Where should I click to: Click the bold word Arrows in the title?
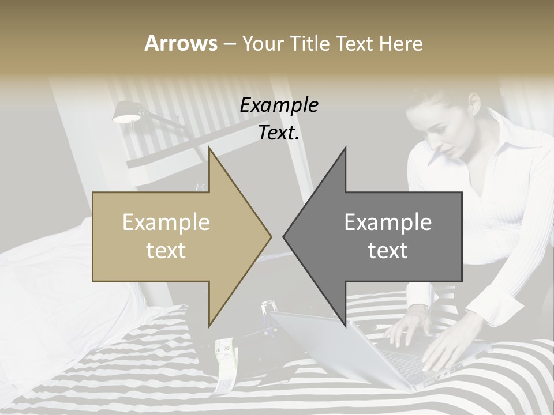pos(181,43)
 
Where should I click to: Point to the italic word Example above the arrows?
pos(279,105)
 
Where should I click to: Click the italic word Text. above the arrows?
pos(279,133)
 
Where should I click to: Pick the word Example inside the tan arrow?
pos(166,222)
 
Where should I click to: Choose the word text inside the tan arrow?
pos(166,251)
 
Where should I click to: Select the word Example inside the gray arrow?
pos(388,222)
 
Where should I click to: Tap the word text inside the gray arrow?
pos(388,251)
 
